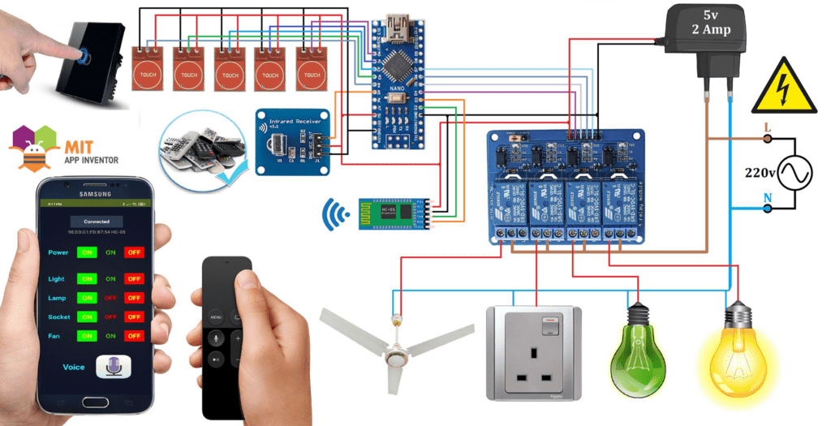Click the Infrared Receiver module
292,140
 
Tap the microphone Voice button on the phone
113,367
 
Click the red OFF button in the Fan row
134,336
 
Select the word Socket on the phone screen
59,316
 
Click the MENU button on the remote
216,316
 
